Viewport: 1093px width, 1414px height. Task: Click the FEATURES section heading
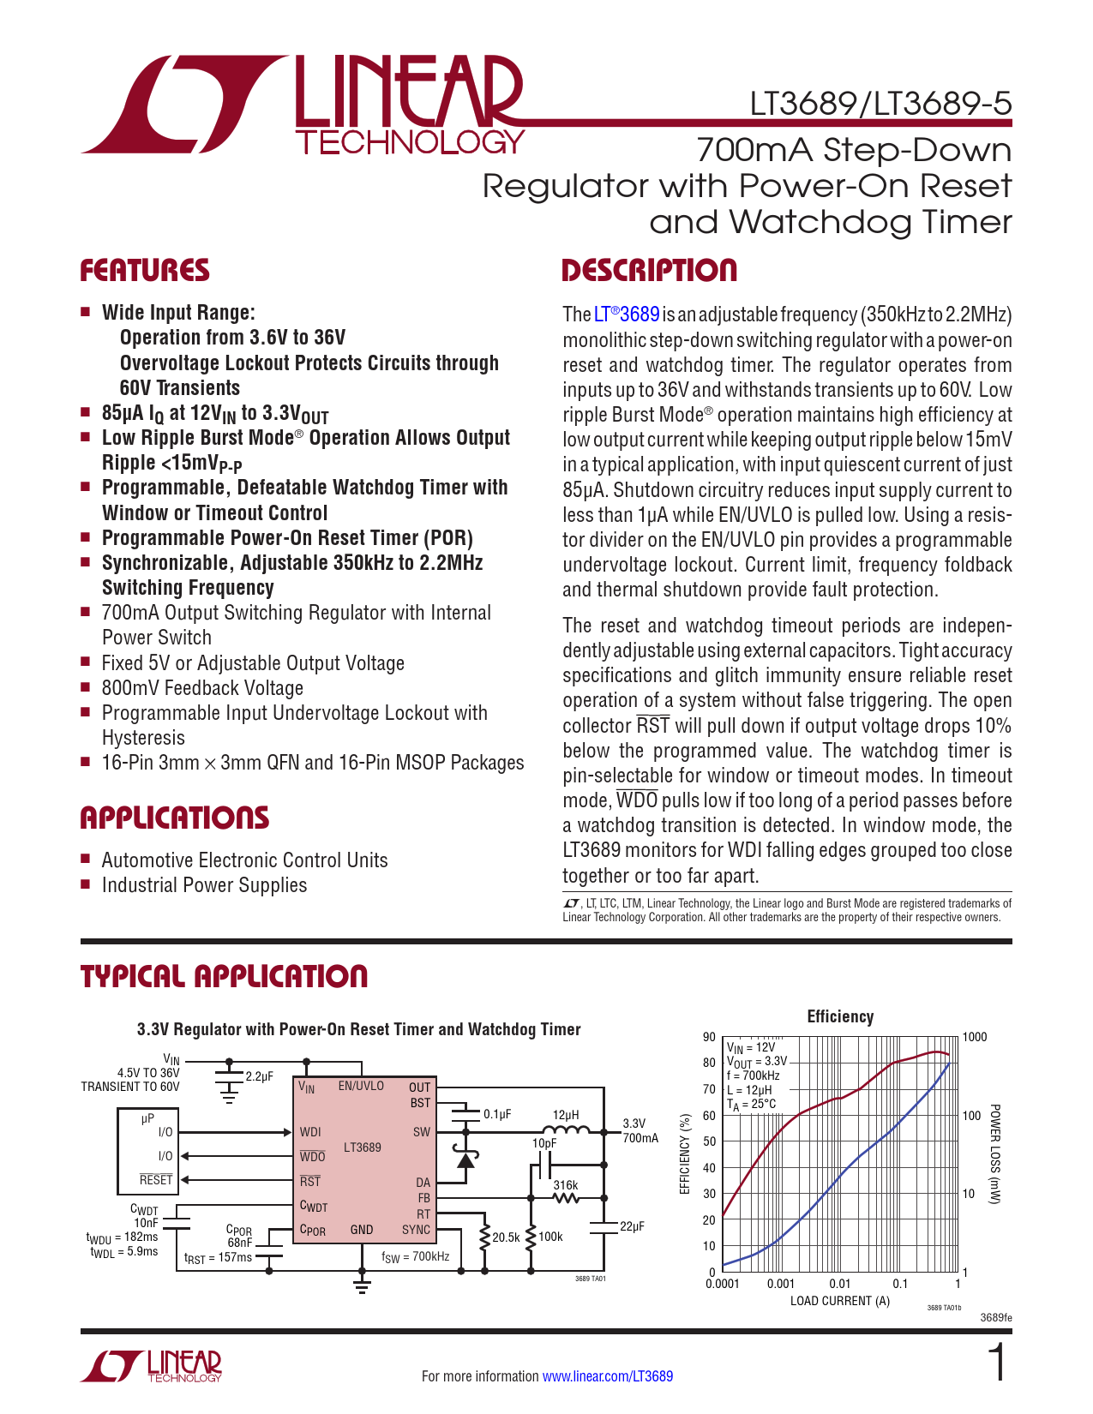[145, 271]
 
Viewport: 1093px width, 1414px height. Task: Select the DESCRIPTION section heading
[649, 271]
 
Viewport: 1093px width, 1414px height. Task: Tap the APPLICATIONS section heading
[175, 818]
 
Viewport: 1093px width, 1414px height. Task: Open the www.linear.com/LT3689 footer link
[608, 1376]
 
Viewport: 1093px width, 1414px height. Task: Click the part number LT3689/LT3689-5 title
[880, 104]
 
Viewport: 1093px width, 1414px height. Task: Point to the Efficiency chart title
[840, 1016]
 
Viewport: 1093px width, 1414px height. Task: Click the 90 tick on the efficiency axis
[709, 1037]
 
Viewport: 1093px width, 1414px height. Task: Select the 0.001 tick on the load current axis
[781, 1284]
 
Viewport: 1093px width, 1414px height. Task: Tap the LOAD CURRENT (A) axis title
[840, 1301]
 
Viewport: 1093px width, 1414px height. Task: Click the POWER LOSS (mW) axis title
[994, 1153]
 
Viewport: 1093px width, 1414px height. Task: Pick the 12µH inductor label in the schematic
[566, 1115]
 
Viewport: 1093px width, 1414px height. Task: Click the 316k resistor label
[566, 1185]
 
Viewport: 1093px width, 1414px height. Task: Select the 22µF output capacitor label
[632, 1226]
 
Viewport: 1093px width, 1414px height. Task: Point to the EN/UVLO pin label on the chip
[361, 1086]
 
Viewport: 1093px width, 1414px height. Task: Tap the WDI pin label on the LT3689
[310, 1132]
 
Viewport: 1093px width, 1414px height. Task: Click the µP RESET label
[156, 1180]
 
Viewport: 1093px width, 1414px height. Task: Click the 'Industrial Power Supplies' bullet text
[204, 885]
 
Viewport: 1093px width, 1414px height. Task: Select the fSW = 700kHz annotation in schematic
[416, 1256]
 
